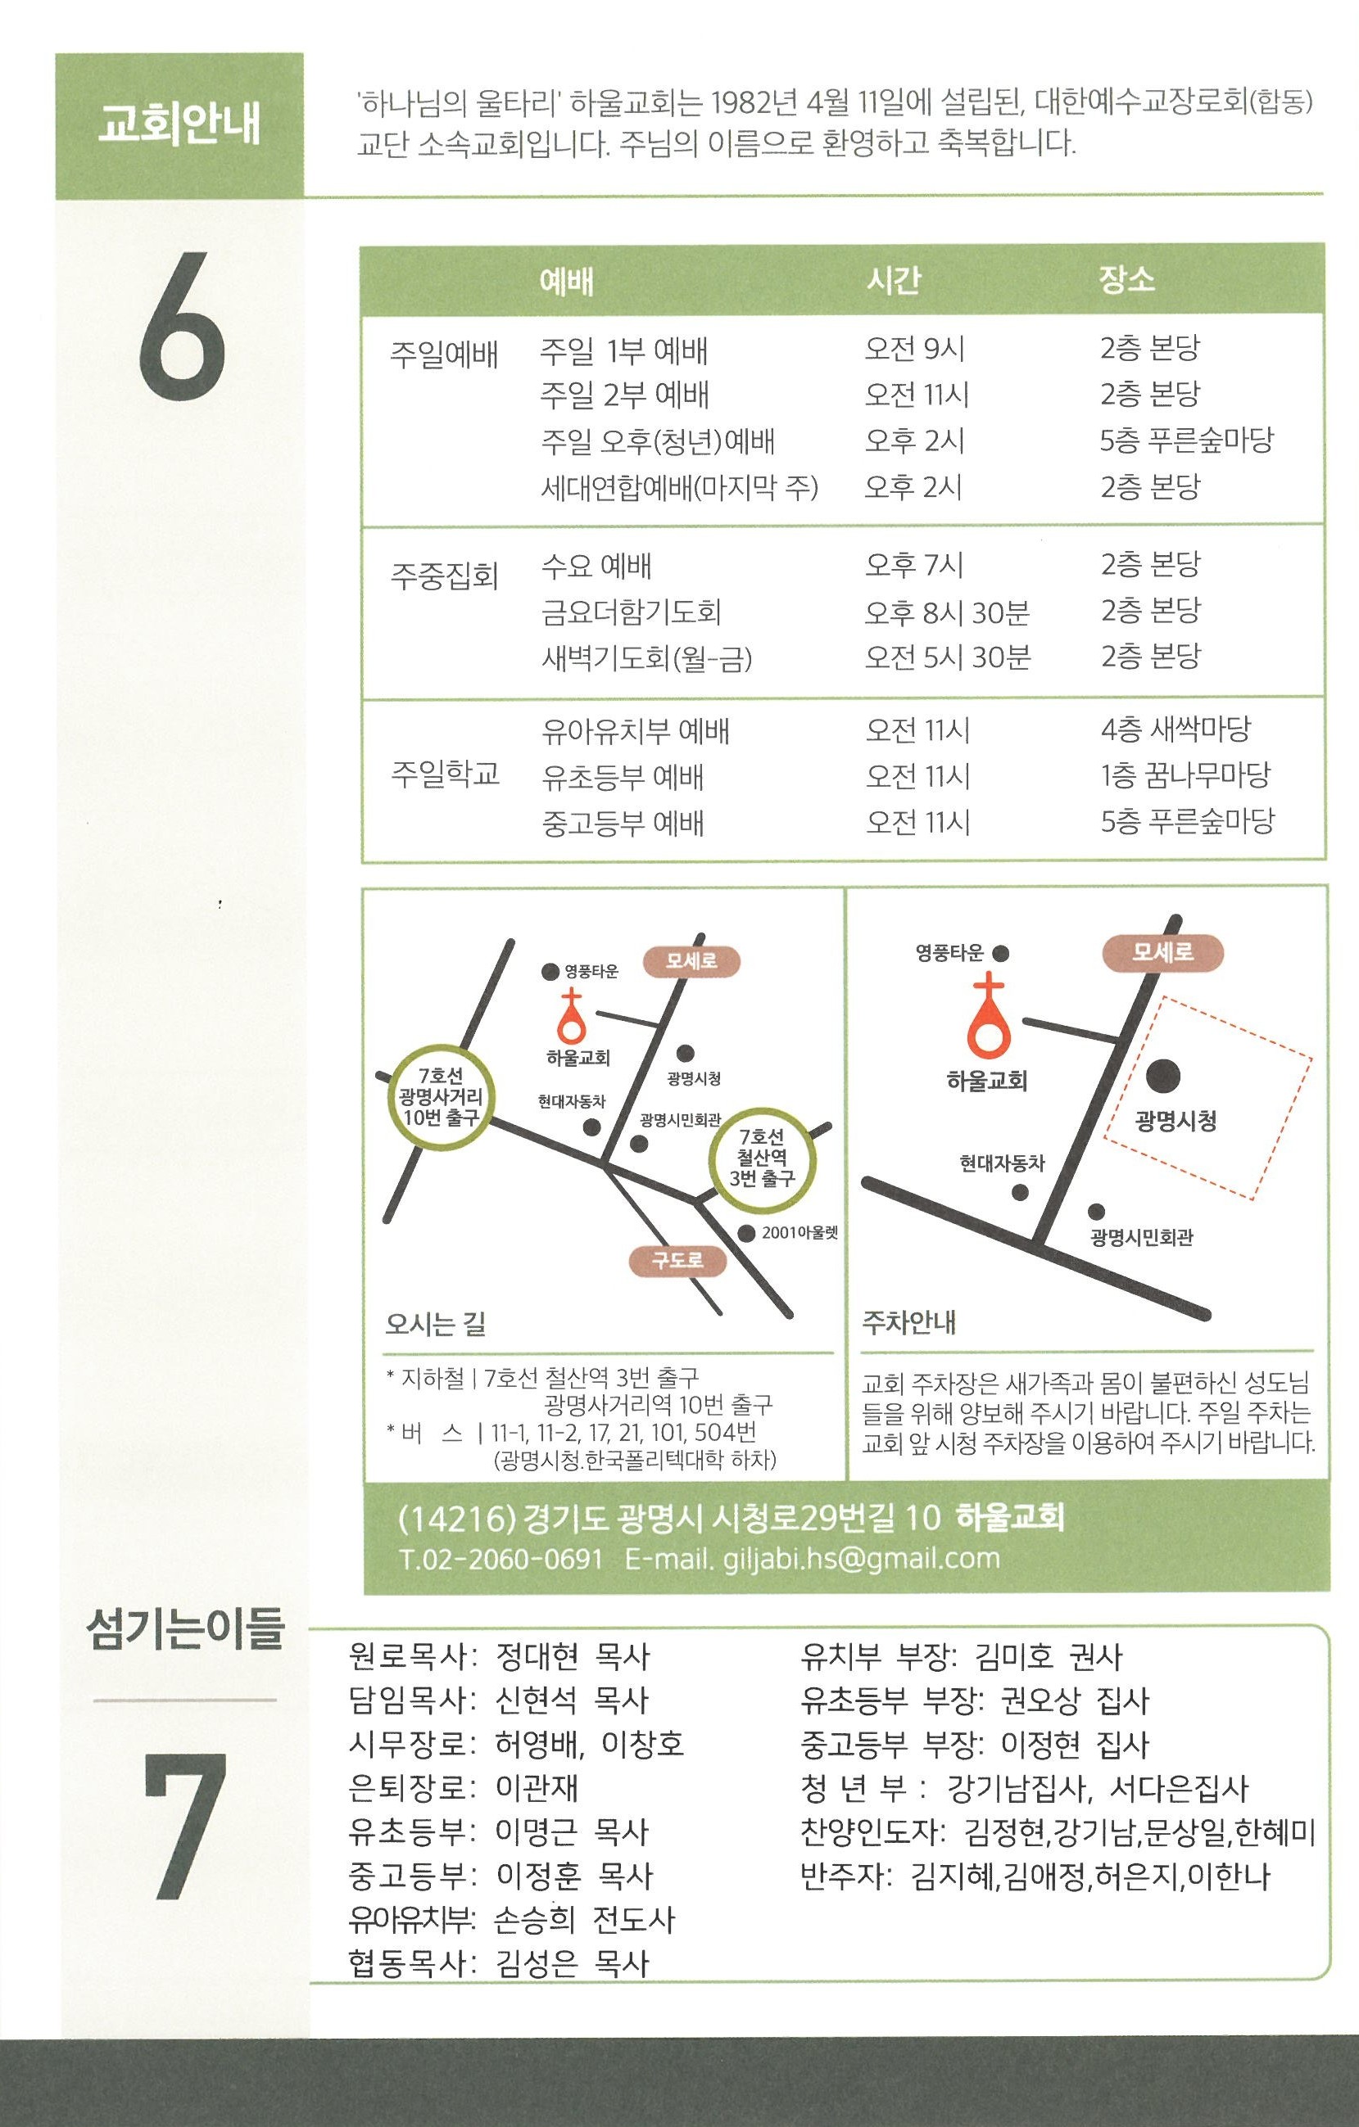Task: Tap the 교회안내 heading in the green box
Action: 179,124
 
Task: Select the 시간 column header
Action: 894,280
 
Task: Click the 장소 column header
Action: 1126,279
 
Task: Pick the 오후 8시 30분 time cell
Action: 947,612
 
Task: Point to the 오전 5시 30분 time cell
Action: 947,657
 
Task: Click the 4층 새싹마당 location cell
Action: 1176,729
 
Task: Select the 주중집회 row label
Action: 445,576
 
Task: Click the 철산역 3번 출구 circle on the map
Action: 763,1157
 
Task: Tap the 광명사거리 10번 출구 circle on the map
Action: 440,1095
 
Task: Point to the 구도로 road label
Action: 677,1261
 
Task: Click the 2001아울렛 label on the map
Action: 800,1232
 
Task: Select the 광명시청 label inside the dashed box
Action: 1176,1122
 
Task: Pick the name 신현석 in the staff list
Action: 537,1700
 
